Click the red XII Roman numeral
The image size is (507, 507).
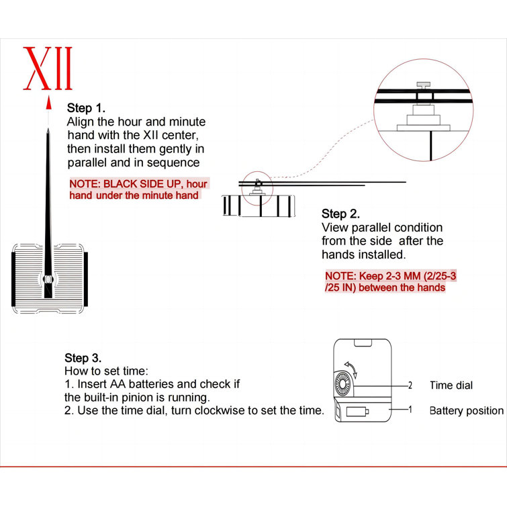(48, 68)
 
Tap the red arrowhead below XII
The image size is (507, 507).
(48, 103)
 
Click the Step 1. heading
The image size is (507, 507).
(86, 108)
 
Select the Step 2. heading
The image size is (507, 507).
(340, 214)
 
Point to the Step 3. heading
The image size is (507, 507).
(83, 358)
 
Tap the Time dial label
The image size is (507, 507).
(451, 385)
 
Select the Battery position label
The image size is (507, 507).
(467, 411)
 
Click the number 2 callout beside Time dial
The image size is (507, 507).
(410, 385)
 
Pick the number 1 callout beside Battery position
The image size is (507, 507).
(410, 410)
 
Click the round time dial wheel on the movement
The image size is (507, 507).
(343, 384)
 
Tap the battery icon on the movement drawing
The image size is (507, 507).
(357, 411)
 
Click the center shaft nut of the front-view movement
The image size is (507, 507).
(48, 279)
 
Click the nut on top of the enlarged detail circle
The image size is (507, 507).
(423, 85)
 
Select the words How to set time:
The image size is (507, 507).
(106, 371)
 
